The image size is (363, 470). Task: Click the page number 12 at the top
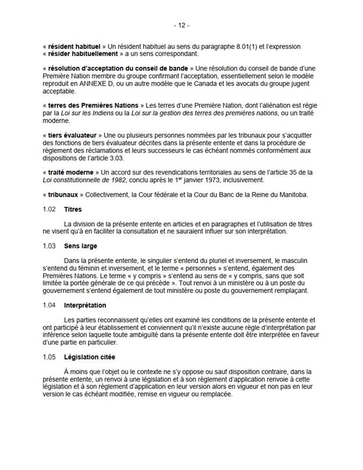point(181,26)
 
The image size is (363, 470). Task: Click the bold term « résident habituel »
point(73,46)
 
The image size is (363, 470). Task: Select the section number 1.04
point(49,305)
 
